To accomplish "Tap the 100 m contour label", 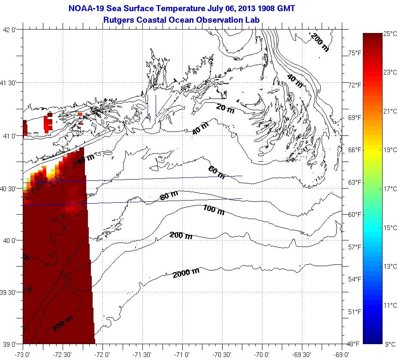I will (214, 210).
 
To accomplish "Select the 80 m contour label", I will (169, 197).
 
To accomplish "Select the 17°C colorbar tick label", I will (390, 189).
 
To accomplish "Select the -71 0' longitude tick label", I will (183, 354).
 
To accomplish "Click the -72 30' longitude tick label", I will (63, 354).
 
